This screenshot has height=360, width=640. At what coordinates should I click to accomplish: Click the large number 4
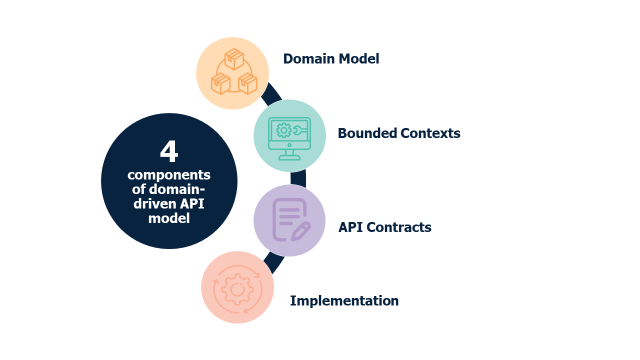coord(169,152)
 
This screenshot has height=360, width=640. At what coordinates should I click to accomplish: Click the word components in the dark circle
coord(169,175)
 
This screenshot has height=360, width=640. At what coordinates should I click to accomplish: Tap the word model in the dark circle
coord(169,218)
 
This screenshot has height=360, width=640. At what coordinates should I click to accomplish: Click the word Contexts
coord(430,133)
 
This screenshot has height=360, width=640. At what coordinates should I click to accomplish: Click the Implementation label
coord(344,301)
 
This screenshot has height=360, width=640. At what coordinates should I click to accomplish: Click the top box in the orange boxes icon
coord(233,59)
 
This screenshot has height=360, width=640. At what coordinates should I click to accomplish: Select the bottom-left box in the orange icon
coord(220,83)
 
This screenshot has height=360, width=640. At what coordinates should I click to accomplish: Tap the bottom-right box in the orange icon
coord(247,83)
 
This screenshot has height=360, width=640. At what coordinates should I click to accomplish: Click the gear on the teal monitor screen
coord(283,130)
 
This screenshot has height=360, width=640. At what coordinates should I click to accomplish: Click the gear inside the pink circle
coord(237,289)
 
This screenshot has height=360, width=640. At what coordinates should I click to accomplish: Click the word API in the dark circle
coord(195,204)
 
